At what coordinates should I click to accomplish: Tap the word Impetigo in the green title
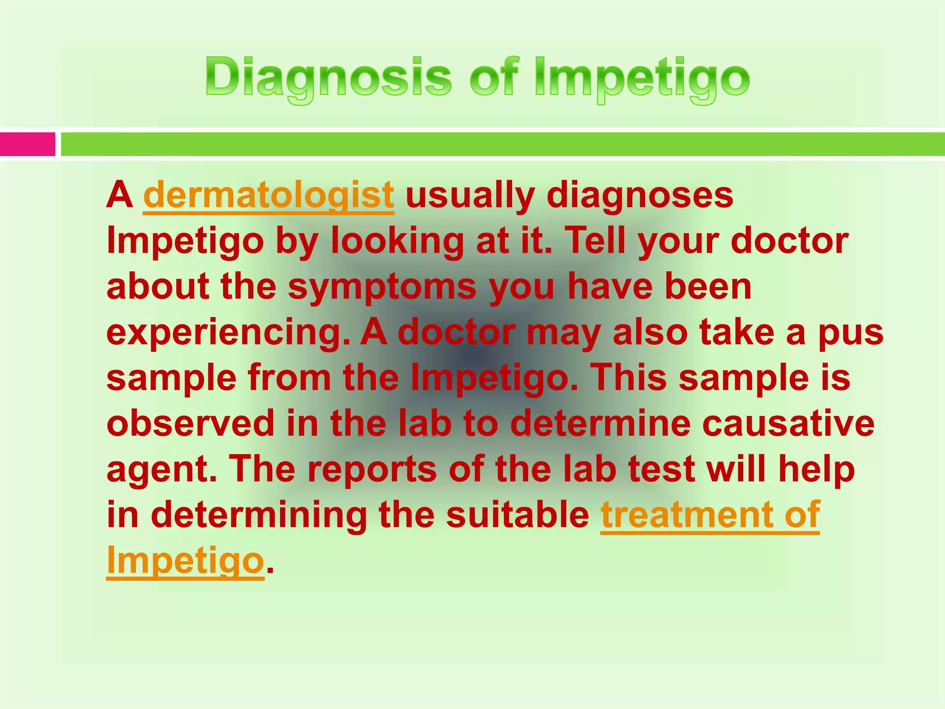click(642, 78)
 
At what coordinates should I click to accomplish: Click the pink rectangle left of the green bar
click(27, 144)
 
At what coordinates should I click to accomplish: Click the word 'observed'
click(191, 423)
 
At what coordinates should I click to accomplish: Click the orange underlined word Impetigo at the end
click(185, 561)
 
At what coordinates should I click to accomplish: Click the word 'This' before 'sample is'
click(628, 378)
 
